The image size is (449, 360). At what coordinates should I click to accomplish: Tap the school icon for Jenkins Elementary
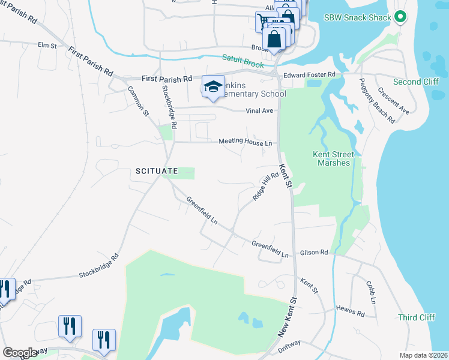click(212, 86)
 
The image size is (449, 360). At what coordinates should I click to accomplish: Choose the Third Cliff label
click(415, 317)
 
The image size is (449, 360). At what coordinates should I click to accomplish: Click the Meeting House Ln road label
click(245, 142)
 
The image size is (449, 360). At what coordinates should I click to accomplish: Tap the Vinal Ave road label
click(259, 111)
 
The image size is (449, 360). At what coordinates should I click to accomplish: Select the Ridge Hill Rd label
click(266, 187)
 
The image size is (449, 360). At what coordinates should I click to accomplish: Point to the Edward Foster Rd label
click(309, 74)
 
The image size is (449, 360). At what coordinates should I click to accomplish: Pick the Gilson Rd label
click(315, 253)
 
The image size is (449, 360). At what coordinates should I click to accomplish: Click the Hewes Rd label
click(351, 313)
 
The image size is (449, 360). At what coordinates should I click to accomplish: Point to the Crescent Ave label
click(393, 101)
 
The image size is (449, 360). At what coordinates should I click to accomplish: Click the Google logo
click(20, 353)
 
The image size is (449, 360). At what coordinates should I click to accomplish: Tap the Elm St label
click(47, 45)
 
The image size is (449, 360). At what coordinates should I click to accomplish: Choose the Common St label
click(138, 100)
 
